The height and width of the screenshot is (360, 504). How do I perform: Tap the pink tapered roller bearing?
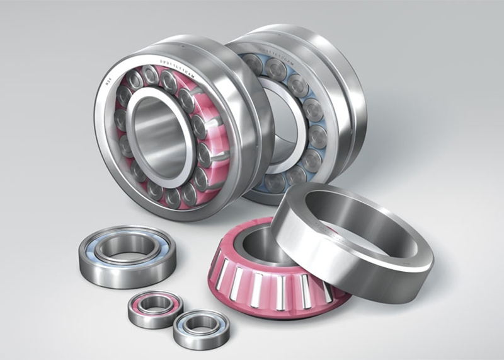click(x=271, y=271)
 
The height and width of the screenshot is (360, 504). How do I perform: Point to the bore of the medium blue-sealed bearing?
click(x=129, y=245)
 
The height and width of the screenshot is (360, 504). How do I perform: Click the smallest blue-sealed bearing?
click(x=200, y=327)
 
